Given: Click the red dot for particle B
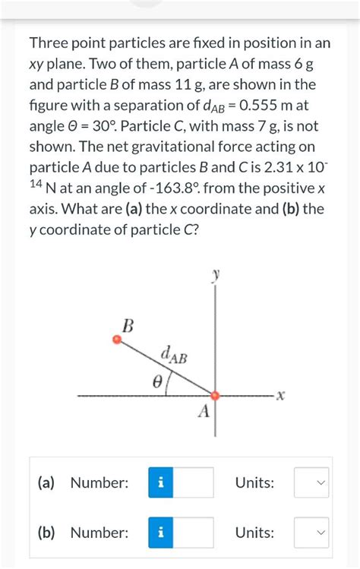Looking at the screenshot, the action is click(116, 340).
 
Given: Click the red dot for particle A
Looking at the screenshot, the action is click(215, 395).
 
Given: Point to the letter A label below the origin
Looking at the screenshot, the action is click(203, 413).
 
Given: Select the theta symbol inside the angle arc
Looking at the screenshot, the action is click(157, 384).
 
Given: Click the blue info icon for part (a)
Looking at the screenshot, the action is click(161, 482).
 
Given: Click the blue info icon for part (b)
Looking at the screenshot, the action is click(161, 533).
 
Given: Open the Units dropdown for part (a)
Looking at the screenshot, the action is click(311, 482).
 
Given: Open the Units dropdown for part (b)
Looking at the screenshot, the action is click(311, 533).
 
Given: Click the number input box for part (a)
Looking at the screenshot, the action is click(193, 482).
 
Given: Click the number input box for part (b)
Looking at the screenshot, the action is click(193, 533).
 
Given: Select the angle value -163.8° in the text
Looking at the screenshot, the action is click(159, 188).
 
